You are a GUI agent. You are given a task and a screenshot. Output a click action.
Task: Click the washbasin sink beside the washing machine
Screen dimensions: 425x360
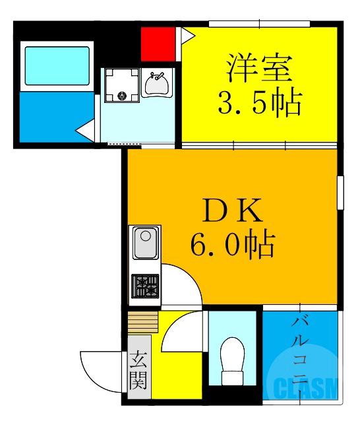(x=157, y=84)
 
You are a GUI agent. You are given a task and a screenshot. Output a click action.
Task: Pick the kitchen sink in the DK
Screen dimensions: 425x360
(x=145, y=244)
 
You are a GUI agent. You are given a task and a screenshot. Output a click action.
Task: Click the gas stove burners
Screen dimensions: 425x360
(x=146, y=285)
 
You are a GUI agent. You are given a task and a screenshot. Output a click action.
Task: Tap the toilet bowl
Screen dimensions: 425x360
(x=231, y=362)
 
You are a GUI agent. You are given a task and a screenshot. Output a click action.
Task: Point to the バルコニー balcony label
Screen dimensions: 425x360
(x=302, y=354)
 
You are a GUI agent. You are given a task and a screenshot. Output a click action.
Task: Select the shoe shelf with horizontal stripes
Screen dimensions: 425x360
(x=143, y=323)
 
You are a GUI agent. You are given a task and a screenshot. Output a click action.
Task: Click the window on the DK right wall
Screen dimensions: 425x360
(x=340, y=192)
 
